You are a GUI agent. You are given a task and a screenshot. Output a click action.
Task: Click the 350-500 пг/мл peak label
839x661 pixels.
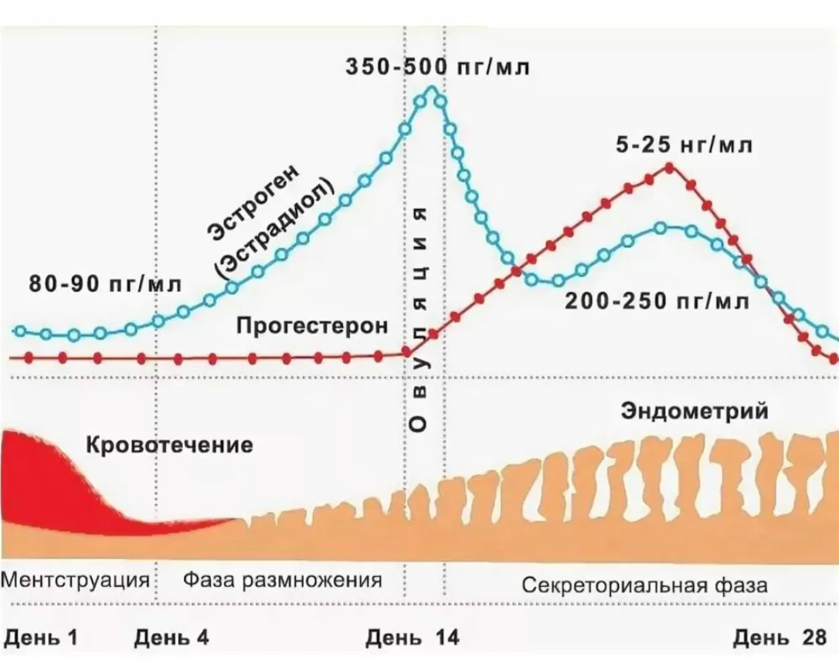(437, 67)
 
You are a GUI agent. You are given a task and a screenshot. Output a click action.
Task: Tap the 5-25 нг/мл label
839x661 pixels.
(684, 146)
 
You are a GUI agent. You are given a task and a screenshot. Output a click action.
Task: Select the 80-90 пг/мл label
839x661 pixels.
(105, 283)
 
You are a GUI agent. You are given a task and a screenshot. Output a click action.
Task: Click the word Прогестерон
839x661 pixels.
(312, 326)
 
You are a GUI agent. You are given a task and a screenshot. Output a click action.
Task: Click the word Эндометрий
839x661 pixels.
(695, 411)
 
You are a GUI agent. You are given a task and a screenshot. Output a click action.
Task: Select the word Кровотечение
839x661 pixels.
(168, 446)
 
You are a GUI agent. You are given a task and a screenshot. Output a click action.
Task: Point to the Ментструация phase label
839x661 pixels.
(76, 581)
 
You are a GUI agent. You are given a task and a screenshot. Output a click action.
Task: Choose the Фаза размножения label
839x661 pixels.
(284, 581)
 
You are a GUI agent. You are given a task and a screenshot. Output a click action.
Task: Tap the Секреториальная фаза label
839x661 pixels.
(645, 584)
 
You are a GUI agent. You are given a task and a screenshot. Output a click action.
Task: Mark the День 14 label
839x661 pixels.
(412, 637)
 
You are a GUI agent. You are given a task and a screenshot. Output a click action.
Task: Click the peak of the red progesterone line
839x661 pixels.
(669, 166)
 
